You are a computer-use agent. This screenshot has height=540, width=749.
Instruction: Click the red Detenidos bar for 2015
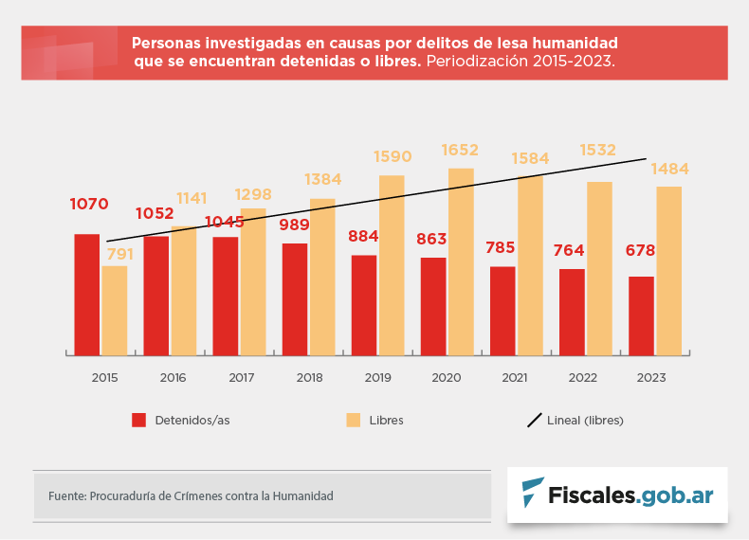[87, 294]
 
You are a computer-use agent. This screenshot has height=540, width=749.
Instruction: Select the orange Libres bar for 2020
[461, 261]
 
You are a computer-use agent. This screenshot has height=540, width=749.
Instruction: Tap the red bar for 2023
[641, 315]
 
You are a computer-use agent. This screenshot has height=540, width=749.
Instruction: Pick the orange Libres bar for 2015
[115, 310]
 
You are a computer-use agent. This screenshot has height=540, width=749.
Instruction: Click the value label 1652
[460, 150]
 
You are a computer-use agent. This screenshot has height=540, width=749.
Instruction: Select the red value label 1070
[89, 204]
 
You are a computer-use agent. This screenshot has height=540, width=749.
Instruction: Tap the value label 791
[119, 254]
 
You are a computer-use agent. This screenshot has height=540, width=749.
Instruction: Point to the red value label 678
[641, 250]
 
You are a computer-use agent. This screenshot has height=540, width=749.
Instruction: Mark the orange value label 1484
[669, 170]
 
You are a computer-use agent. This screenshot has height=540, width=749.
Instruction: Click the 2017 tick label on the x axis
[242, 378]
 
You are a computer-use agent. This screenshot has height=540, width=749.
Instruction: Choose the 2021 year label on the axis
[515, 378]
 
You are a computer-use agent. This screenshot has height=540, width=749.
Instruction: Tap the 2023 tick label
[651, 378]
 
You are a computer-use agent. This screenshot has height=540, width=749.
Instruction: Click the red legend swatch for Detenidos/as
[138, 420]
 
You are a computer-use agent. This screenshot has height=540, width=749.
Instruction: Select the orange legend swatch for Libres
[353, 420]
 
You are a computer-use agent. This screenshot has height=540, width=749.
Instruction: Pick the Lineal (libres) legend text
[585, 420]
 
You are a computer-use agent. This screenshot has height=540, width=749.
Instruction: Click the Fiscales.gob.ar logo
[617, 495]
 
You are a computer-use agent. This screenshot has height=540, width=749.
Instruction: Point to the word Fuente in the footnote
[66, 495]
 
